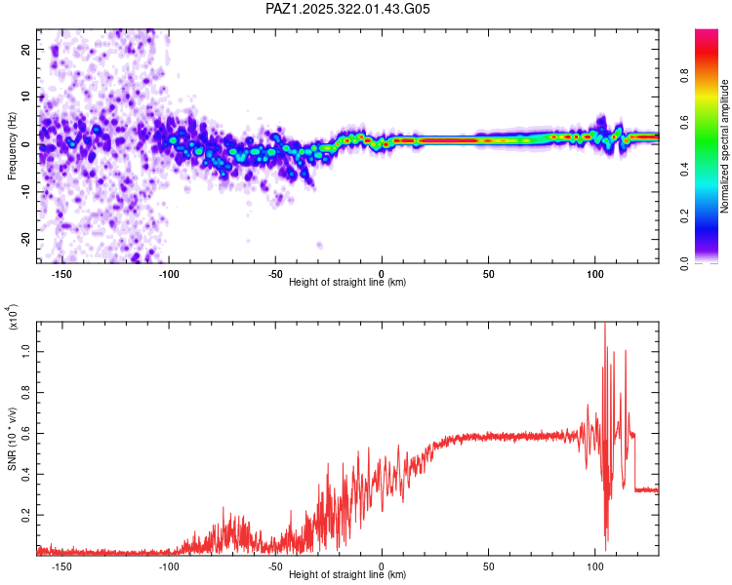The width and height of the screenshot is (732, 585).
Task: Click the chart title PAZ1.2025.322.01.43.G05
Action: pyautogui.click(x=347, y=9)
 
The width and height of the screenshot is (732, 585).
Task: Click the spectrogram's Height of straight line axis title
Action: pyautogui.click(x=347, y=282)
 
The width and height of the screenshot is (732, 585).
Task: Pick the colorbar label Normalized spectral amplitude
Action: pyautogui.click(x=725, y=146)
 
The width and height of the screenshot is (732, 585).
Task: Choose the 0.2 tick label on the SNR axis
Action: pyautogui.click(x=27, y=513)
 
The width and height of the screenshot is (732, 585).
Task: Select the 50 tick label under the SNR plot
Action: pyautogui.click(x=488, y=565)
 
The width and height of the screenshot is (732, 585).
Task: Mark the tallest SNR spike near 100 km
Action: pyautogui.click(x=604, y=326)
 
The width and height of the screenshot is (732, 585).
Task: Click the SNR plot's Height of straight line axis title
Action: pyautogui.click(x=347, y=574)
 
